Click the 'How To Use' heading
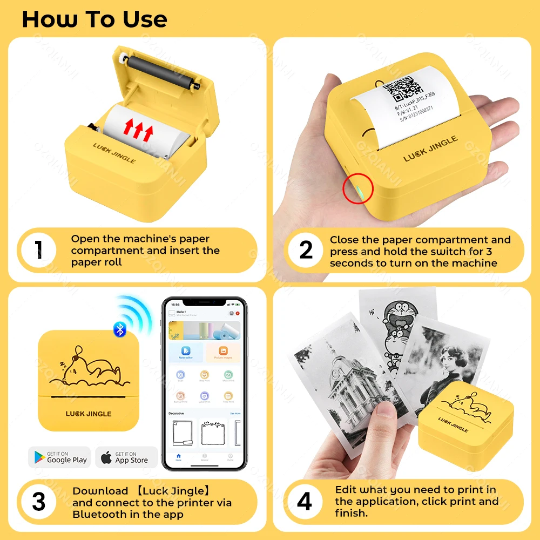pyautogui.click(x=94, y=19)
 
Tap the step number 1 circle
pyautogui.click(x=38, y=250)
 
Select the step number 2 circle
pyautogui.click(x=306, y=250)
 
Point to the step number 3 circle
pyautogui.click(x=38, y=502)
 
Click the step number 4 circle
pyautogui.click(x=305, y=502)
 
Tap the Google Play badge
pyautogui.click(x=59, y=457)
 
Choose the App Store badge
pyautogui.click(x=126, y=457)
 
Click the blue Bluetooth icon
pyautogui.click(x=119, y=329)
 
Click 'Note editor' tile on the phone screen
pyautogui.click(x=186, y=353)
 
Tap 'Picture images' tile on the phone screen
pyautogui.click(x=223, y=353)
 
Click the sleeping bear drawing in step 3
pyautogui.click(x=89, y=370)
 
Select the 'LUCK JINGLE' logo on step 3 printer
pyautogui.click(x=89, y=414)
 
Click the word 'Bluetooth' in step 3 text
pyautogui.click(x=97, y=514)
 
